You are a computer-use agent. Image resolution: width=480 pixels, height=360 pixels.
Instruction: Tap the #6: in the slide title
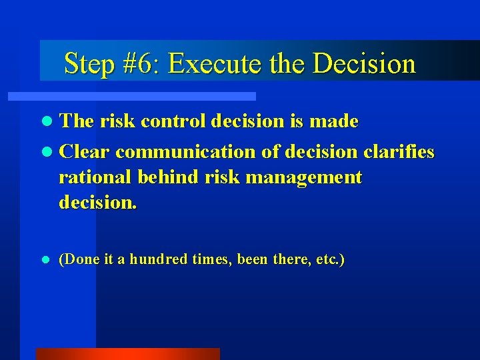141,63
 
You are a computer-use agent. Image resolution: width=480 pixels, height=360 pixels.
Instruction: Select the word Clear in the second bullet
85,152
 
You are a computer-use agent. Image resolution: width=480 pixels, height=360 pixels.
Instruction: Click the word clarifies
399,152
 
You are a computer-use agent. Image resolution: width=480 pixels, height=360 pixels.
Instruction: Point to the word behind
165,177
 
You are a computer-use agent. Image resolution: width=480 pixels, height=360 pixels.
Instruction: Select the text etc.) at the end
330,259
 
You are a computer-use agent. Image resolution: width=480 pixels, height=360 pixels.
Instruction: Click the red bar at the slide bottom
128,354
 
